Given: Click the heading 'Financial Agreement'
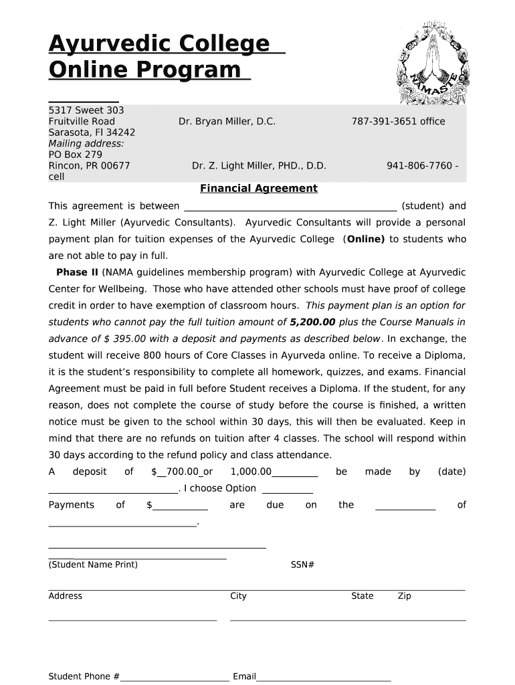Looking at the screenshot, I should tap(259, 189).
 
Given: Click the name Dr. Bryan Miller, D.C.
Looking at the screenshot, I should tap(227, 121).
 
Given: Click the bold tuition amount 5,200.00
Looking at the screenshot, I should tap(313, 322).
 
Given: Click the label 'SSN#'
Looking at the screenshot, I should tap(302, 565).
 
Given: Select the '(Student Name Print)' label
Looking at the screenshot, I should tap(93, 565).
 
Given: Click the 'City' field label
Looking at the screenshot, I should tap(238, 596).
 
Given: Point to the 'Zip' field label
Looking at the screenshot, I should tap(404, 596).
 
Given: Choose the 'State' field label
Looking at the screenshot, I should tap(363, 596).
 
